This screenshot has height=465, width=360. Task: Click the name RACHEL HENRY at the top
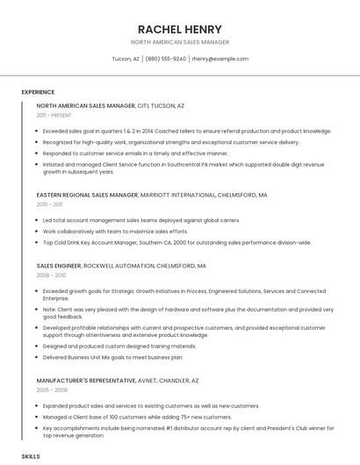tap(180, 29)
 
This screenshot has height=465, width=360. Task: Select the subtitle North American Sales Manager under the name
tap(180, 42)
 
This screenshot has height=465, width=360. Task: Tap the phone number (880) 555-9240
tap(166, 59)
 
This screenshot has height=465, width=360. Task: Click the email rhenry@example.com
tap(220, 59)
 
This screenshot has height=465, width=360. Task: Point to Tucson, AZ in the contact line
tap(126, 59)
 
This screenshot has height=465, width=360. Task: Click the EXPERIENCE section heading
tap(38, 91)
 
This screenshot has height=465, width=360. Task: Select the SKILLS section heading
tap(31, 457)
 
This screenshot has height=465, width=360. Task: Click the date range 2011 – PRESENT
tap(54, 115)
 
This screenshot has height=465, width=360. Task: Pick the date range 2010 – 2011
tap(50, 204)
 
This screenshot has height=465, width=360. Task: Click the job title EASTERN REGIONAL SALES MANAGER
tap(88, 195)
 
